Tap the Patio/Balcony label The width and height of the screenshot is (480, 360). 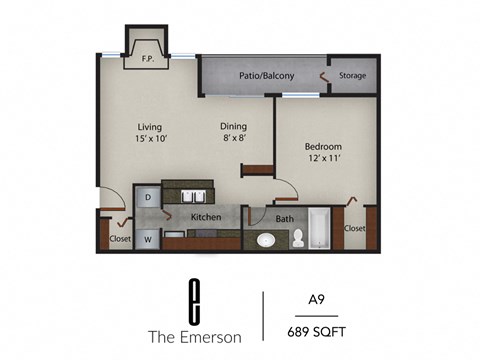click(265, 75)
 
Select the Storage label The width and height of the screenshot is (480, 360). click(352, 75)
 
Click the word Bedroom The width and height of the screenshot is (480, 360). click(323, 146)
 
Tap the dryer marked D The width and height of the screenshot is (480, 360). click(148, 198)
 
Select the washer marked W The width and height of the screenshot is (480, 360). click(148, 238)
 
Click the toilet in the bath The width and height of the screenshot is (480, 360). click(297, 238)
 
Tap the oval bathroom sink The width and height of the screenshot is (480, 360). click(265, 240)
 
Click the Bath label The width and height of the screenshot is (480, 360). click(284, 218)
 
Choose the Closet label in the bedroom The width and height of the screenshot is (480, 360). click(354, 228)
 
